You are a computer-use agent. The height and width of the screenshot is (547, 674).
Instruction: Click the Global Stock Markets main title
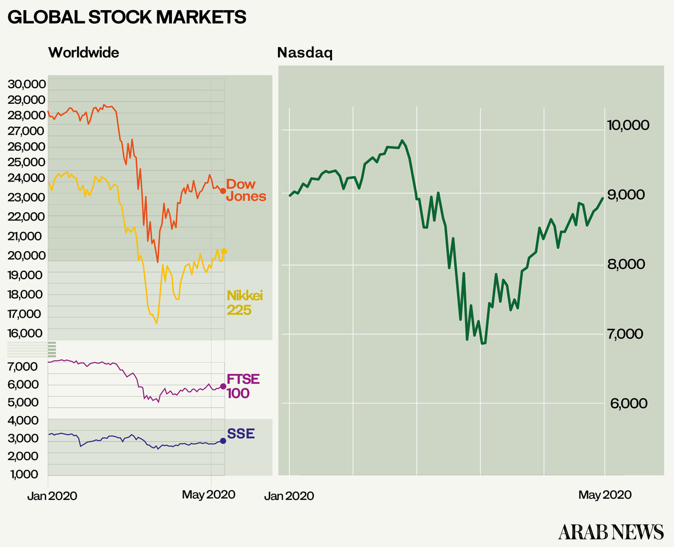(x=127, y=17)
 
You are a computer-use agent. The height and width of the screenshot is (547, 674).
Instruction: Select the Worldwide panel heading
(x=84, y=53)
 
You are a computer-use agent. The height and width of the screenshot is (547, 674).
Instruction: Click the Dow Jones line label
(x=246, y=190)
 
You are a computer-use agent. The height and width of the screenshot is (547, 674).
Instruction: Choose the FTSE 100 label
(x=243, y=385)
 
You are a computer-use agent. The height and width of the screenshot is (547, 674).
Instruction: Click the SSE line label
(x=241, y=433)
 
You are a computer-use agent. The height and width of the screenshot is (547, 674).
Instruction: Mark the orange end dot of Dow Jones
(x=223, y=192)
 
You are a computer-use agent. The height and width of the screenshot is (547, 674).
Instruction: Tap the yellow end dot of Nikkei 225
(x=224, y=251)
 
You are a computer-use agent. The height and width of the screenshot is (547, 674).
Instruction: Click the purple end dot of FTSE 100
(x=223, y=386)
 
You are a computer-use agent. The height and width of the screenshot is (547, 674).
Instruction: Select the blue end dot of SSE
(x=223, y=441)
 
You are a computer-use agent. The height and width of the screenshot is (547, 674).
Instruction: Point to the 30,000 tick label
(x=26, y=85)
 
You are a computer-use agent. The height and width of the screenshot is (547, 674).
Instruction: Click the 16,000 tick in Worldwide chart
(x=26, y=334)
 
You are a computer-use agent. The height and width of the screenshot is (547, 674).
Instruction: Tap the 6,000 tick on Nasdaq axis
(x=625, y=403)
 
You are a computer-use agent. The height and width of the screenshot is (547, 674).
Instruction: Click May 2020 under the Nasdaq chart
(x=605, y=495)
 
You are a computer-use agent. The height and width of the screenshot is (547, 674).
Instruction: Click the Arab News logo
(x=611, y=530)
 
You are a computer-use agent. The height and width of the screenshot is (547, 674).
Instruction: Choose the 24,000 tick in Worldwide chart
(x=26, y=177)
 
